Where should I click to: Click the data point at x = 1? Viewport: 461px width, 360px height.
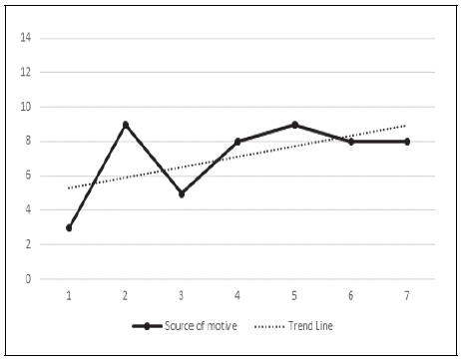(x=69, y=227)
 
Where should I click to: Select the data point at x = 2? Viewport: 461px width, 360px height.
(x=125, y=125)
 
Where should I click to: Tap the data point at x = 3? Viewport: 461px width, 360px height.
(x=182, y=193)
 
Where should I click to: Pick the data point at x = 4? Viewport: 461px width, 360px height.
(x=237, y=142)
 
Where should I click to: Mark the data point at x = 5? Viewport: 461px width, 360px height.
(x=294, y=125)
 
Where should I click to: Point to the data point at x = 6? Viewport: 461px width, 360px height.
(x=350, y=142)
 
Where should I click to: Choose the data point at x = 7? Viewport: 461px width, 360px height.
(x=407, y=142)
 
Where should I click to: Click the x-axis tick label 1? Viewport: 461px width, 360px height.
(x=69, y=295)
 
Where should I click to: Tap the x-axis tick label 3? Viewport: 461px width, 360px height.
(x=182, y=295)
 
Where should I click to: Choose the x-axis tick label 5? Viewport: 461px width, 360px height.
(x=294, y=295)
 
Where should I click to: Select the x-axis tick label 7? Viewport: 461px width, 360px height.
(x=407, y=295)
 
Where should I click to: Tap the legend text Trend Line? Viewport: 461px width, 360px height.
(x=313, y=326)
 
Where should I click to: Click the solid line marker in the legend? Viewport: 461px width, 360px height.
(x=147, y=326)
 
